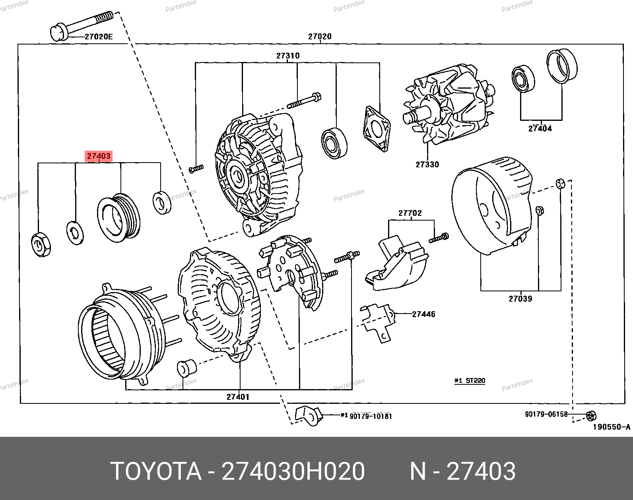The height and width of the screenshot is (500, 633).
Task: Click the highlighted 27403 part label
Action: [x=99, y=156]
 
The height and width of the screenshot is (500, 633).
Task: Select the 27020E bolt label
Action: [x=99, y=37]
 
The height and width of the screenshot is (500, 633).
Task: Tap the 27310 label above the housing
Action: [x=288, y=56]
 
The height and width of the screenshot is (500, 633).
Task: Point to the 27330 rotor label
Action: [x=427, y=165]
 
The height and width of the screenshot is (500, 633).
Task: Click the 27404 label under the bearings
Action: [x=540, y=128]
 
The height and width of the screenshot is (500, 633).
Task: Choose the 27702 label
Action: [x=410, y=213]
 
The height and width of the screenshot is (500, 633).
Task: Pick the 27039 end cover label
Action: [x=520, y=299]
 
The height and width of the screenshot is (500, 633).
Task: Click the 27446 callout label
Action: [x=423, y=314]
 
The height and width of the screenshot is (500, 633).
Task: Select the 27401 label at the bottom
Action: [x=238, y=397]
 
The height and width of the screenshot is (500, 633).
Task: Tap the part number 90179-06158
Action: [x=546, y=414]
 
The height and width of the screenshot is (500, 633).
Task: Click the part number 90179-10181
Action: [x=371, y=416]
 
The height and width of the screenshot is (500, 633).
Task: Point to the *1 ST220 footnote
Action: [x=470, y=381]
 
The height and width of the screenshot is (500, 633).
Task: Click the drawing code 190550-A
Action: [x=612, y=427]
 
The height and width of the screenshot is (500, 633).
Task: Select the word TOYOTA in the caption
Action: [x=156, y=471]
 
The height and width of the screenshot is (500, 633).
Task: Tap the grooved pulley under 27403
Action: [x=119, y=218]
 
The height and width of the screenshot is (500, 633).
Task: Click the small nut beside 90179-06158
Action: [x=591, y=416]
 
